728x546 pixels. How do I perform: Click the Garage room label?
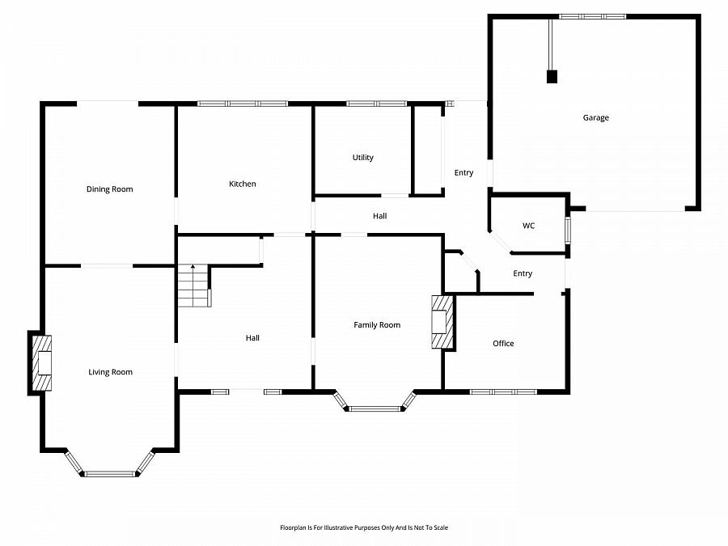[x=595, y=118]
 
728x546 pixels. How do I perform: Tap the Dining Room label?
[x=109, y=189]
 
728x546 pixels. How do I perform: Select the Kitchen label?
[x=243, y=184]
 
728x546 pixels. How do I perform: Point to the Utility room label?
[x=362, y=158]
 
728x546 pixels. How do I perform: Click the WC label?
[x=528, y=226]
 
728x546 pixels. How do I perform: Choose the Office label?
[x=503, y=344]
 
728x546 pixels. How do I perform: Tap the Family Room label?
[x=377, y=325]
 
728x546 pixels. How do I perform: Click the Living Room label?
[x=111, y=372]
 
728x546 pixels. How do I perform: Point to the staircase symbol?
[x=195, y=286]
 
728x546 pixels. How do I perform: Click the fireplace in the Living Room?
[x=42, y=363]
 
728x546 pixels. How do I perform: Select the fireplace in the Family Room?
[x=442, y=322]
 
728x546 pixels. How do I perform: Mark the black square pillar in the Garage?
[x=552, y=77]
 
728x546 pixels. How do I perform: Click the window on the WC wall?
[x=568, y=230]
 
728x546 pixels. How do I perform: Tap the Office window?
[x=503, y=392]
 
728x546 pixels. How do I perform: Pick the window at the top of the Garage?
[x=592, y=17]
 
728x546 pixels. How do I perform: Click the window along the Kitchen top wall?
[x=243, y=104]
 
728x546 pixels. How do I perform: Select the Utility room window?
[x=376, y=104]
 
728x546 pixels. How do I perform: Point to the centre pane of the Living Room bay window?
[x=110, y=474]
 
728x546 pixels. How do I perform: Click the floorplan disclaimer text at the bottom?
[x=364, y=527]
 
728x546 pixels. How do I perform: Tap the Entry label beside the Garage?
[x=463, y=173]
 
